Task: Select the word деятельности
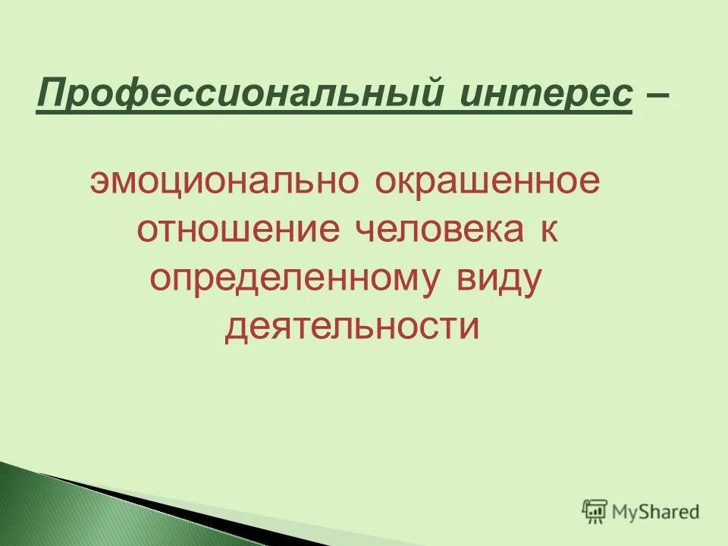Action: (352, 327)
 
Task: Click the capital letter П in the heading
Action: (49, 96)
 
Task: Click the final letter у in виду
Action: (533, 282)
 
